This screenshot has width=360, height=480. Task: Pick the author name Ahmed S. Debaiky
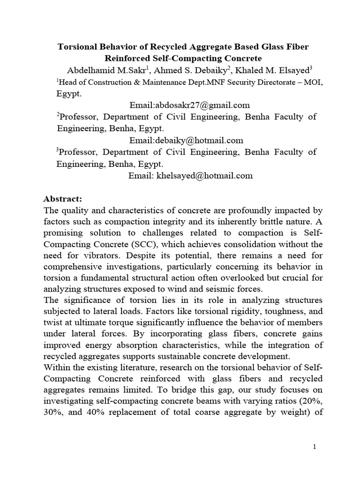coord(183,71)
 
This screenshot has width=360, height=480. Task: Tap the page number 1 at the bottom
coord(315,447)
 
